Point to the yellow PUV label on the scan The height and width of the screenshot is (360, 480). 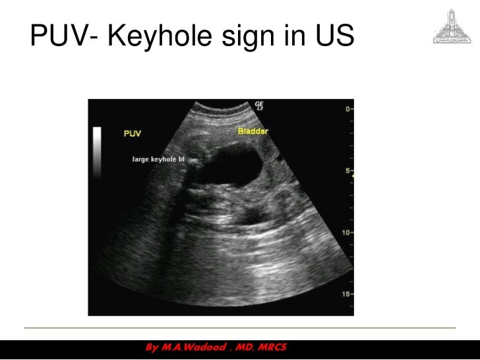point(132,134)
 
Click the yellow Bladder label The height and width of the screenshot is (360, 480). point(253,131)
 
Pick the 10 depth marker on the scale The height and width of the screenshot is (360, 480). point(346,233)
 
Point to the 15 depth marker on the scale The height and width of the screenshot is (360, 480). point(346,294)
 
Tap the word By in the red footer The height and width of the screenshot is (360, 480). point(151,347)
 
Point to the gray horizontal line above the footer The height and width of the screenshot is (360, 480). point(240,328)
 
